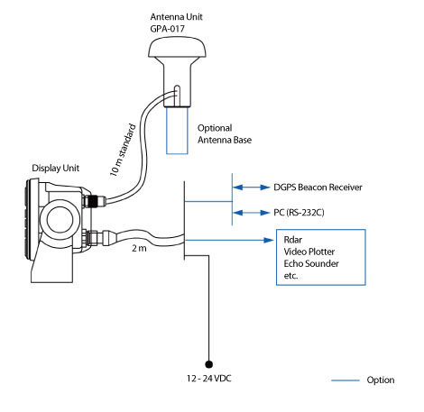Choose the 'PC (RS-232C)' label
[x=298, y=214]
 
